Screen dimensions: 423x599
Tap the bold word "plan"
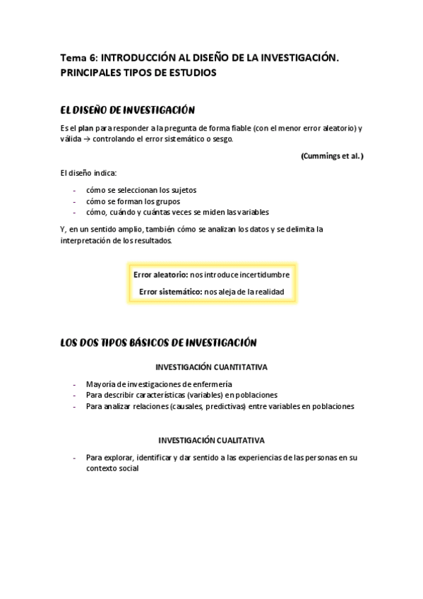pos(85,128)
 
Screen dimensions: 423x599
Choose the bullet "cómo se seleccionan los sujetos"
pos(141,190)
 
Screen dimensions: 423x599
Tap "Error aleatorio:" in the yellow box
pos(161,274)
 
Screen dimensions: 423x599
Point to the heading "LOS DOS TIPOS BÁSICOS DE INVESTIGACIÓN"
pos(159,343)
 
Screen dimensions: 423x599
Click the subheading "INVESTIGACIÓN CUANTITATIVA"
pos(211,367)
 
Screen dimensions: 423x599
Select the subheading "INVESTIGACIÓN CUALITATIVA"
pos(211,439)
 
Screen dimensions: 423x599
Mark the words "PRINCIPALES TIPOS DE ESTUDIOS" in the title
pos(138,73)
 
